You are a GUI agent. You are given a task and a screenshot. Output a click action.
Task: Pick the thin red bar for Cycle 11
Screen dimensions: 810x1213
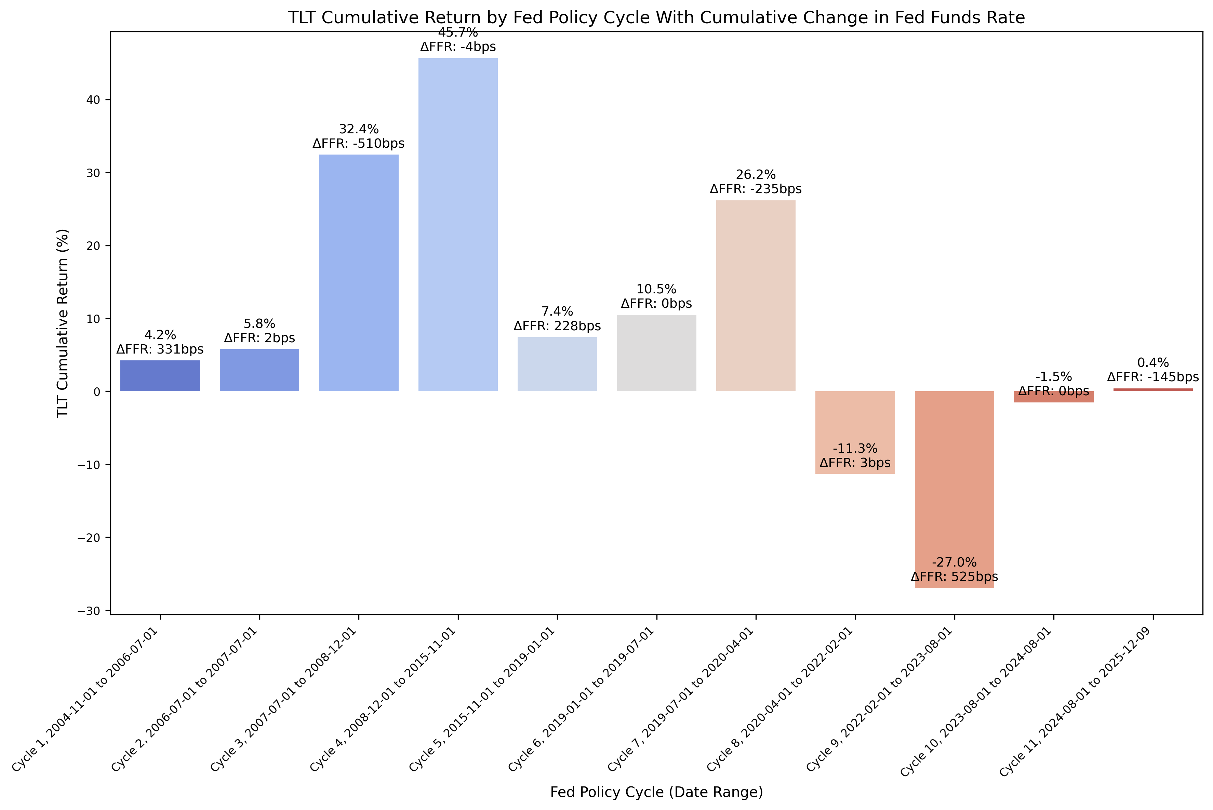click(1152, 389)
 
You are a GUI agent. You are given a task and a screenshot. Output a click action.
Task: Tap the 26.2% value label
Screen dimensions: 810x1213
click(756, 175)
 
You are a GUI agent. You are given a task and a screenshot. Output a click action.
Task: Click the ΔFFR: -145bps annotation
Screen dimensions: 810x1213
click(1152, 377)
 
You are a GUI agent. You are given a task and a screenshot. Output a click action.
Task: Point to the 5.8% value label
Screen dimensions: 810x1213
click(259, 324)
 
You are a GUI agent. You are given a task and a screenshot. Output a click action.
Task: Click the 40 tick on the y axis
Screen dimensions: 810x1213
click(93, 100)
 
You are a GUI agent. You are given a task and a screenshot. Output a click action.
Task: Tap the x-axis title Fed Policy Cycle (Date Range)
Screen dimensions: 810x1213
click(656, 792)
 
